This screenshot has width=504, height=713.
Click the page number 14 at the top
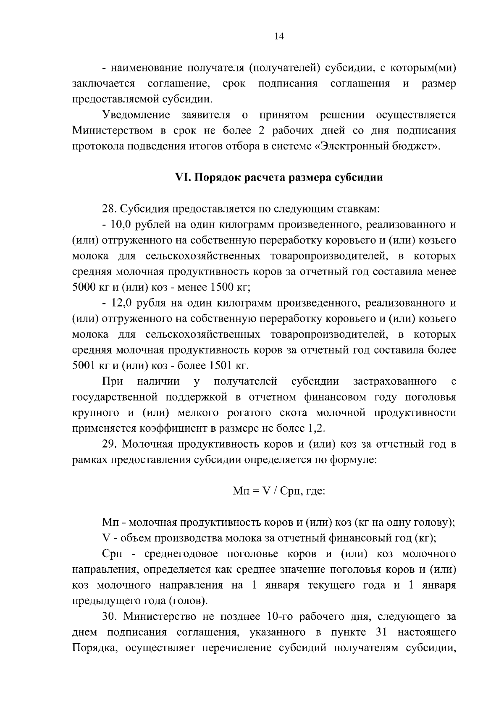pos(279,36)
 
